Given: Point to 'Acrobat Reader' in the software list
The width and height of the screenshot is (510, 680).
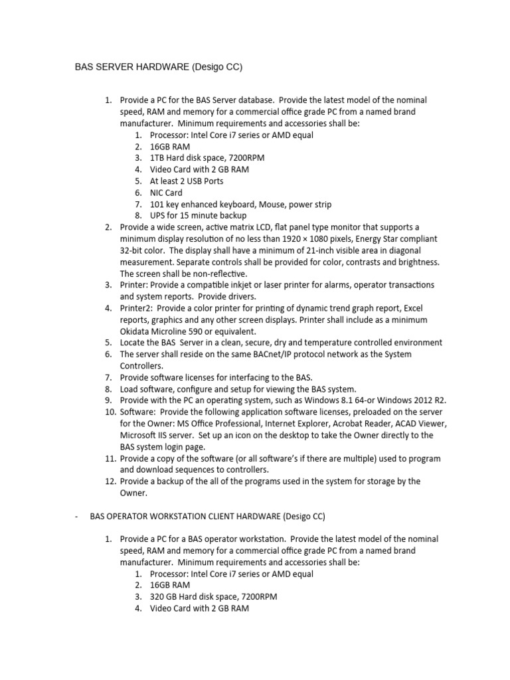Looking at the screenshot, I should tap(363, 424).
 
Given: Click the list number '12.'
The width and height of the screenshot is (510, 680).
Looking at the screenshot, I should tap(110, 481).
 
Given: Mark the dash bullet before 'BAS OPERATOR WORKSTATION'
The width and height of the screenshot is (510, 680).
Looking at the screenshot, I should tap(78, 515).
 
